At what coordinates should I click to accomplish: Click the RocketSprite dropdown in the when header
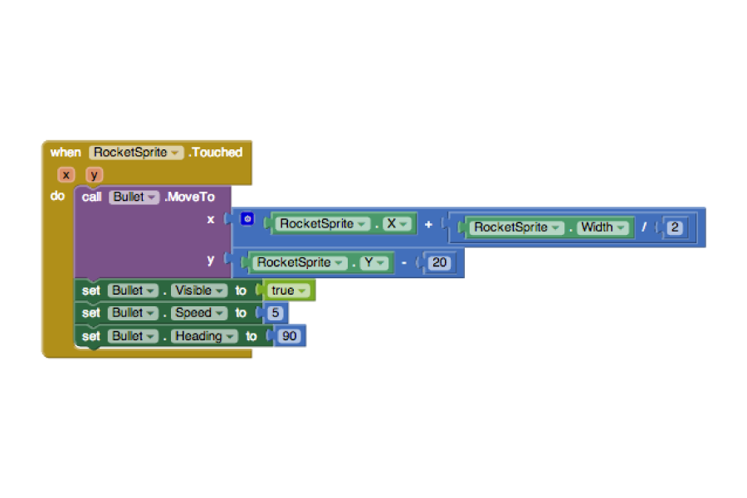click(136, 153)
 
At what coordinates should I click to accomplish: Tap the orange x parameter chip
click(66, 175)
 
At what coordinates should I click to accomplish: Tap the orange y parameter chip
click(94, 175)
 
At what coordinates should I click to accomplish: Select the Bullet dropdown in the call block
click(134, 198)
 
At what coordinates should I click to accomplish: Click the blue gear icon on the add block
click(247, 219)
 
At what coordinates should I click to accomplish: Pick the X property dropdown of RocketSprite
click(397, 224)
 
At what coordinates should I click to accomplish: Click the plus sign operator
click(428, 224)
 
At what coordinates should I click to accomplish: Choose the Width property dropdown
click(603, 227)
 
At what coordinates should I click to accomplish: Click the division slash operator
click(644, 227)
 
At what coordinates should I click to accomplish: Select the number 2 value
click(674, 227)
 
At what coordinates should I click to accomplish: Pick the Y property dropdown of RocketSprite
click(374, 262)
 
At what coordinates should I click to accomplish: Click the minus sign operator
click(404, 262)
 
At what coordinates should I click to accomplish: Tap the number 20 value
click(439, 262)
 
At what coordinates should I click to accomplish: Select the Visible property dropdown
click(198, 290)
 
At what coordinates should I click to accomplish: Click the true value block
click(288, 290)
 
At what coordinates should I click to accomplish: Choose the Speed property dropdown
click(198, 313)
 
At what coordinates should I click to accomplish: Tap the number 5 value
click(275, 313)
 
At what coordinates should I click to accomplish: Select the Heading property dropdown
click(204, 336)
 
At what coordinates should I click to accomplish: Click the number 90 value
click(289, 336)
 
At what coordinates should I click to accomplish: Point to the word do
click(57, 196)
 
